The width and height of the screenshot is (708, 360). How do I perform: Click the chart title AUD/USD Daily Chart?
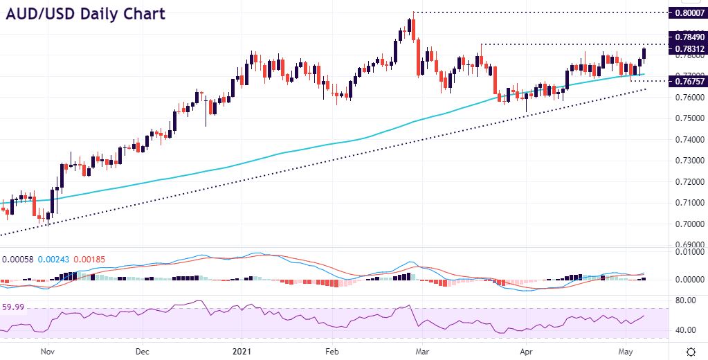(86, 14)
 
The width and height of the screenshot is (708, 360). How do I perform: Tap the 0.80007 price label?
(687, 12)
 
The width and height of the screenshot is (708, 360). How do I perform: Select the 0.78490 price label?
(687, 37)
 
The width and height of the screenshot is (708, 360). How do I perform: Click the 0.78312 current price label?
(687, 49)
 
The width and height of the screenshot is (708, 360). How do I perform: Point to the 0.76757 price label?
(687, 81)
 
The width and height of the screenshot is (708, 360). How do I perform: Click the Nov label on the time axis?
(47, 351)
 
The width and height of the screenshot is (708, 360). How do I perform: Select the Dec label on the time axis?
(142, 351)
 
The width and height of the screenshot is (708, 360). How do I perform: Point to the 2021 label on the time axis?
(239, 351)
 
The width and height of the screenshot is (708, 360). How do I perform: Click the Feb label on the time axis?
(333, 351)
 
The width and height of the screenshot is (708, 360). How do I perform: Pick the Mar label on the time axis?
(421, 351)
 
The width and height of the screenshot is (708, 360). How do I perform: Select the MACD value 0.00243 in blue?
(51, 260)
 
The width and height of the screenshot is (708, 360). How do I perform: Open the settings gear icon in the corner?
(690, 351)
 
